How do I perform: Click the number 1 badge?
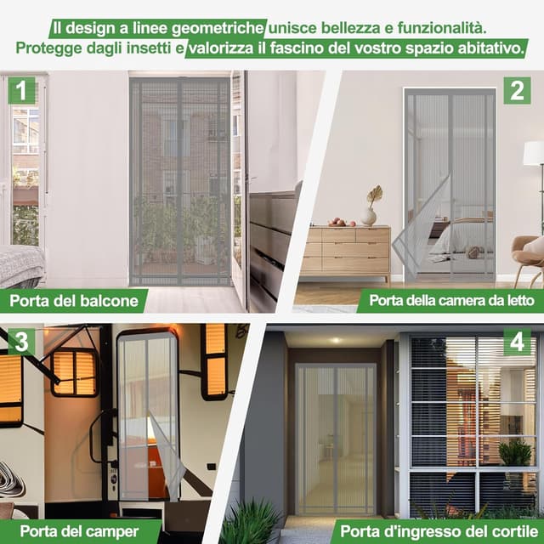pos(21,89)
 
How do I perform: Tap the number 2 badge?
pos(516,89)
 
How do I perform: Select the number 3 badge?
pos(21,342)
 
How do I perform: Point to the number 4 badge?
pos(516,342)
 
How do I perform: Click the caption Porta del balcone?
pos(75,300)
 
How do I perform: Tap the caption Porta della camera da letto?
pos(450,300)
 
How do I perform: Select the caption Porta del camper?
pos(68,531)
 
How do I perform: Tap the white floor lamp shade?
pos(533,153)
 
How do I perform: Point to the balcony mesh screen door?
pos(180,183)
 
